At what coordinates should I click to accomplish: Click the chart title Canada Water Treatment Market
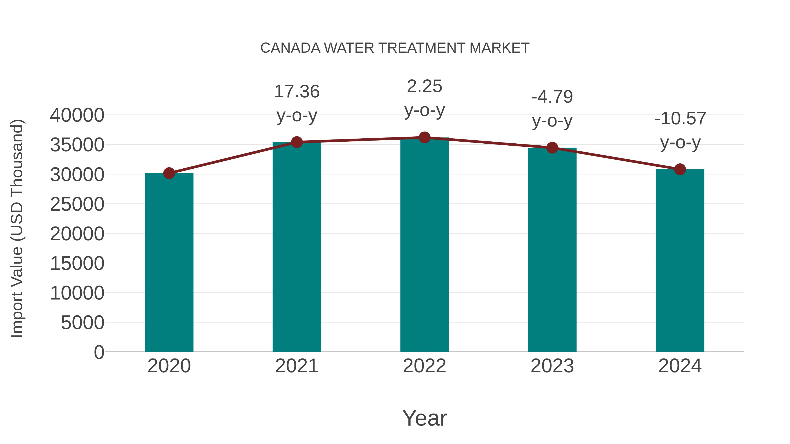395,48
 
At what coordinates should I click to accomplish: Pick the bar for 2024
680,260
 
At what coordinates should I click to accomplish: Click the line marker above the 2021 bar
296,142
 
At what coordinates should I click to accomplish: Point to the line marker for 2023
552,148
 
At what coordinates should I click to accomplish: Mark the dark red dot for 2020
169,173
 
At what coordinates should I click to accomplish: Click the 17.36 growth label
296,92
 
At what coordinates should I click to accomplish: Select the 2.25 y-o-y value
424,86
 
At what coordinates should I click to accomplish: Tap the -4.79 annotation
552,97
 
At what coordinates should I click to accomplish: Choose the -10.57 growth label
680,119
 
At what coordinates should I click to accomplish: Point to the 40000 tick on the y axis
77,116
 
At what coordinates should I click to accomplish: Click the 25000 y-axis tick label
77,204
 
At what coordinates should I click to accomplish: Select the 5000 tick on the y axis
83,323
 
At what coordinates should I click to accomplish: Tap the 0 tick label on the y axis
99,352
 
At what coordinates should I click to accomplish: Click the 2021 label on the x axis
296,366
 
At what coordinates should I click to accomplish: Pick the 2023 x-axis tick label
552,366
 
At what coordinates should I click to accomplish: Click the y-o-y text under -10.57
680,143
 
